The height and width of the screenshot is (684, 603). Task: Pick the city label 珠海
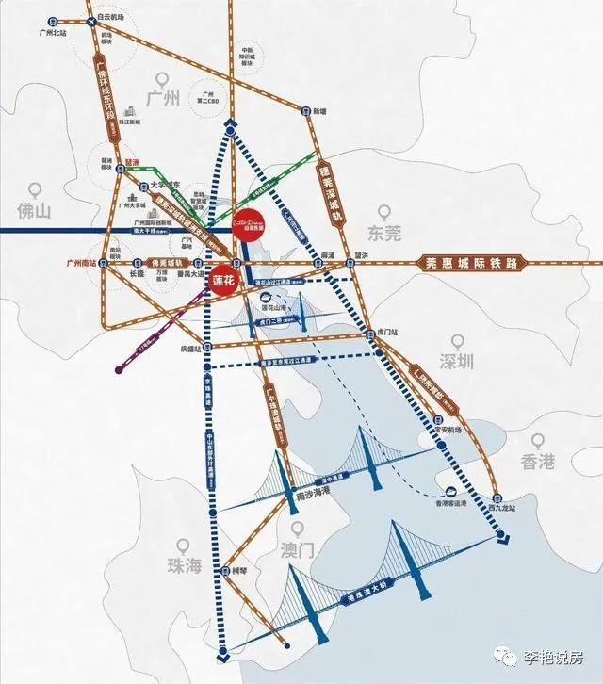[184, 565]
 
